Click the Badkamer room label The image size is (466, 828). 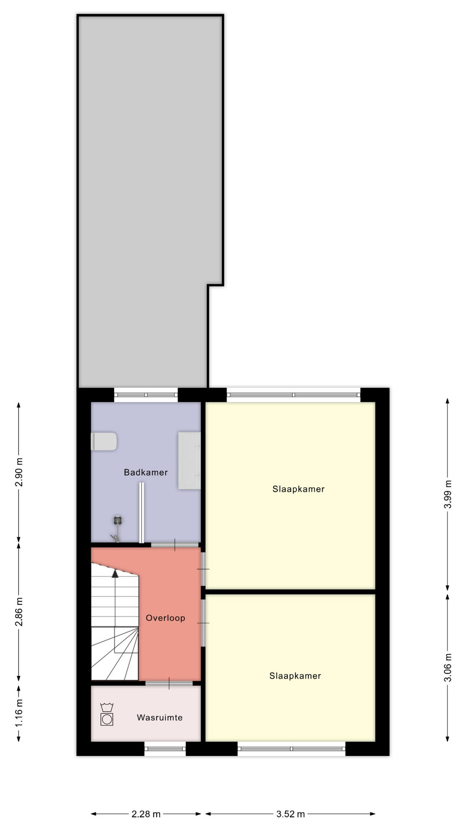[146, 472]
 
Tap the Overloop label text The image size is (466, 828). [165, 618]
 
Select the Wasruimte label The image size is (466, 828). [160, 718]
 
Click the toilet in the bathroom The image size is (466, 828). [104, 442]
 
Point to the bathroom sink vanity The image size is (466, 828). [190, 461]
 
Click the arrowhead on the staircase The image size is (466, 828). [115, 574]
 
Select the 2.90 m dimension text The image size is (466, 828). [19, 472]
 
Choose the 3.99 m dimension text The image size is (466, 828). [448, 494]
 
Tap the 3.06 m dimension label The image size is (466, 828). [448, 667]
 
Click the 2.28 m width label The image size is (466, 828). [146, 814]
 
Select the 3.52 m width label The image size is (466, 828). [290, 814]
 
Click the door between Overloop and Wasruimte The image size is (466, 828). [169, 683]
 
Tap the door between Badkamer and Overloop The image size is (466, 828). [175, 545]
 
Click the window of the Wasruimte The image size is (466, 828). [165, 749]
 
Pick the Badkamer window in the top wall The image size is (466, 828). [146, 395]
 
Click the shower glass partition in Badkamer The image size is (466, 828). [141, 513]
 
